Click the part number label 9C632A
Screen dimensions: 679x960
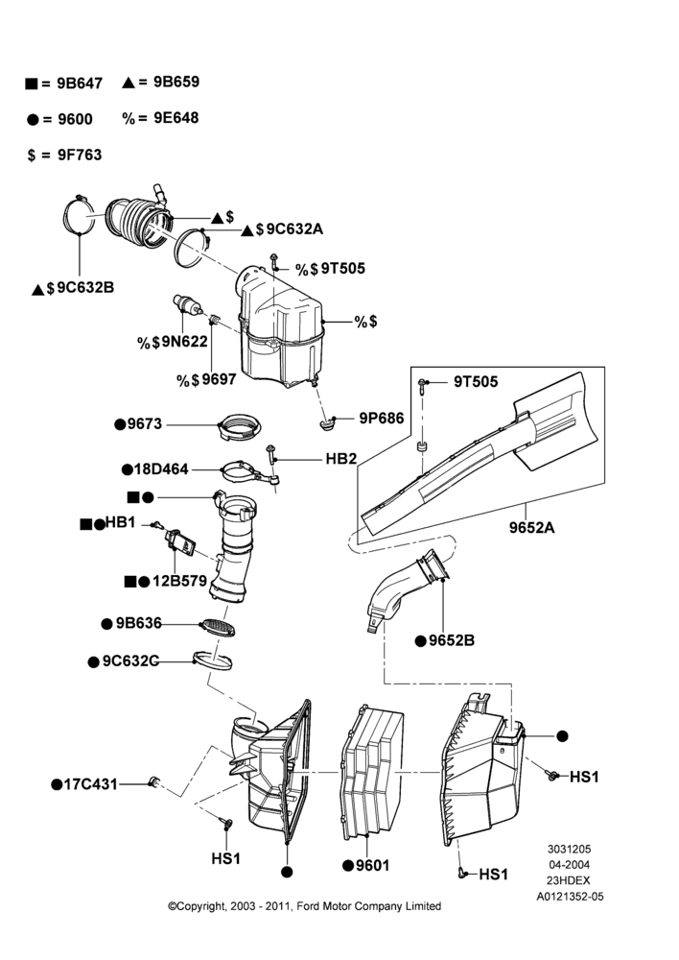pos(294,229)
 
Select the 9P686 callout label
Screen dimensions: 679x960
pos(381,419)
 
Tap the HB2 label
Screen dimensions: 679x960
pos(340,459)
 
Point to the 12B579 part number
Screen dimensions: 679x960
pos(180,581)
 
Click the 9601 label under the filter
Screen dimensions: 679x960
pos(372,865)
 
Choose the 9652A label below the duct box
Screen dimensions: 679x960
pos(531,527)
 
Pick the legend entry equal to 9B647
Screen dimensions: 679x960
pos(64,84)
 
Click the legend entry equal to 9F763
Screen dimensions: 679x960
pos(65,155)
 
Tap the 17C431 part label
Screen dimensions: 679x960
pos(90,784)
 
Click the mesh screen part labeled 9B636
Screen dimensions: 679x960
pos(219,628)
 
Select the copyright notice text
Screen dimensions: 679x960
pos(305,906)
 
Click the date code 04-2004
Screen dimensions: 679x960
pos(569,865)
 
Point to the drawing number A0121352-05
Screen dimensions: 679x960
pos(570,897)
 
